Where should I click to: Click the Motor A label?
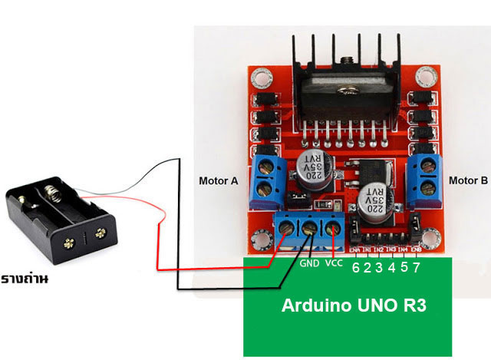(x=219, y=182)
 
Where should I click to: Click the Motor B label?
(x=468, y=182)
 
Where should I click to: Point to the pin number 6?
(x=355, y=268)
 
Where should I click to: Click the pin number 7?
(x=416, y=268)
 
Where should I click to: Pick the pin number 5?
(x=404, y=268)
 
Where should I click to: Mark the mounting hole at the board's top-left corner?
(x=261, y=78)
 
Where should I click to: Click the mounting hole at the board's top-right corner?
(x=428, y=78)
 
